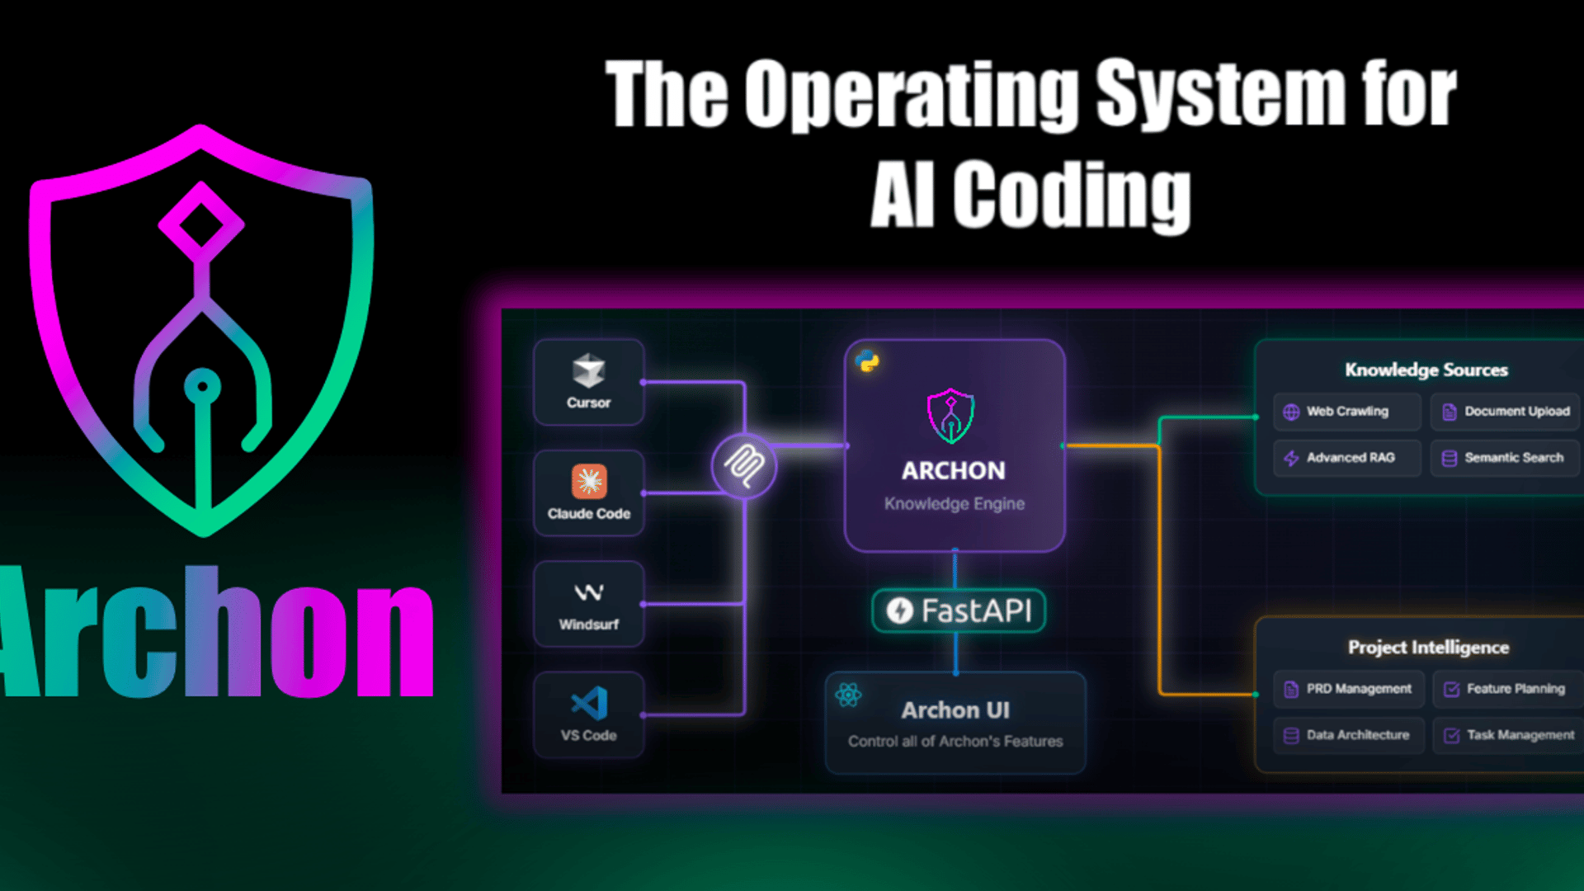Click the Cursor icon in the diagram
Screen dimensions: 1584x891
pyautogui.click(x=588, y=370)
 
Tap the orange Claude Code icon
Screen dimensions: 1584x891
pyautogui.click(x=589, y=481)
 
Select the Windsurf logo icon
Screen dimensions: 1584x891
pyautogui.click(x=589, y=592)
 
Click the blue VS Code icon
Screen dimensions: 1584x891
pyautogui.click(x=590, y=704)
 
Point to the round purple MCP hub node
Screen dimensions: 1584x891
pyautogui.click(x=744, y=466)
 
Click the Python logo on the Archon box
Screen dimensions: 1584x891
pyautogui.click(x=867, y=361)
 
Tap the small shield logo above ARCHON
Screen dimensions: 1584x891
pyautogui.click(x=951, y=416)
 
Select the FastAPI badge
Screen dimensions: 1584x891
pyautogui.click(x=959, y=610)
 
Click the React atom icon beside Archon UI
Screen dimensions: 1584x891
pyautogui.click(x=848, y=695)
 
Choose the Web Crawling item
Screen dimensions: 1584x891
pyautogui.click(x=1346, y=412)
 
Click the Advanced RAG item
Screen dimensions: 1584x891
pyautogui.click(x=1346, y=458)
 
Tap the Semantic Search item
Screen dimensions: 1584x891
pyautogui.click(x=1506, y=458)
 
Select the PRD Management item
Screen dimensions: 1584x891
pyautogui.click(x=1349, y=689)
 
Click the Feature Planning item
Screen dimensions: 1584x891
pyautogui.click(x=1508, y=689)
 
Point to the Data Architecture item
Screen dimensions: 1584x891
pyautogui.click(x=1349, y=735)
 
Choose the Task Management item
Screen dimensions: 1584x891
pyautogui.click(x=1508, y=735)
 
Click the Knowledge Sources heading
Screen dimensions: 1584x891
pyautogui.click(x=1426, y=370)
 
